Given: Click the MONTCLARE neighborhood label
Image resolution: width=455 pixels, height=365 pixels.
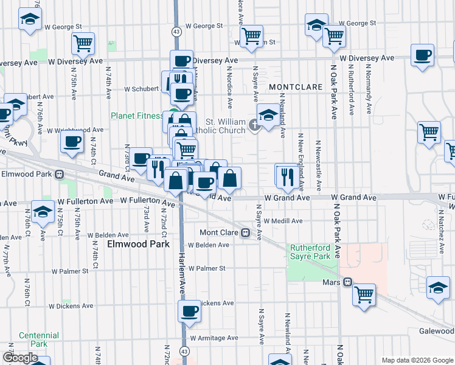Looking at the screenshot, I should coord(295,87).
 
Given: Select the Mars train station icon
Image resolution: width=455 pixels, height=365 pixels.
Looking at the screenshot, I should coord(348,282).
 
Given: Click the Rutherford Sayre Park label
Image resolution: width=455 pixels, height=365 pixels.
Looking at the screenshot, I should coord(310,252).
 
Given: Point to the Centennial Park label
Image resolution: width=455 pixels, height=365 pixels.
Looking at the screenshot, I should coord(39,339).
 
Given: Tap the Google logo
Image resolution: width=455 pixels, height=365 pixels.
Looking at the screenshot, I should coord(20,358).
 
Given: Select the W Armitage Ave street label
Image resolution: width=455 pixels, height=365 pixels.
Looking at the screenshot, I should coord(214,338).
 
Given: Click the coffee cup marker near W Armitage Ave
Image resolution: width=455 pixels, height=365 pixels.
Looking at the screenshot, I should coord(189,311).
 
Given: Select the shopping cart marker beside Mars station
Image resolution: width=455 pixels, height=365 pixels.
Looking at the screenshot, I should coord(364,294).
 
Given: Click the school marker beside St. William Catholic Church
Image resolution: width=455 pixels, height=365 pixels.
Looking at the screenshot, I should coord(268,116).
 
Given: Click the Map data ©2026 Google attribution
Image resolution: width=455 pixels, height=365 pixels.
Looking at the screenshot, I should coord(417,360).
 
